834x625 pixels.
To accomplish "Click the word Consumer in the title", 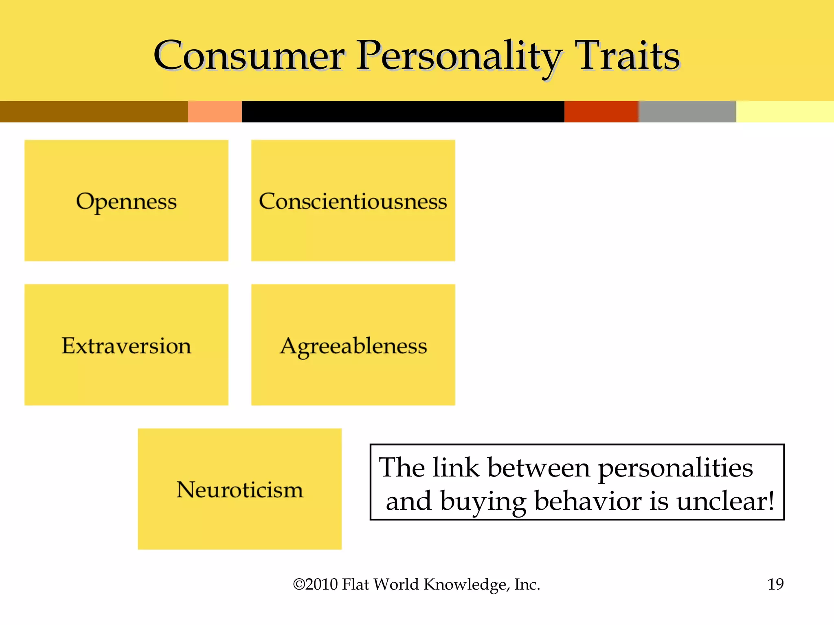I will coord(249,56).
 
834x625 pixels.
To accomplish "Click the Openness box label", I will coord(126,202).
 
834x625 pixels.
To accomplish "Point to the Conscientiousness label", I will coord(353,201).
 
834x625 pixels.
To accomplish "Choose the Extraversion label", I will coord(126,346).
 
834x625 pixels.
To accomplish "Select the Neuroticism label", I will coord(240,490).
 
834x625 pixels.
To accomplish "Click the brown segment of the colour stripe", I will coord(94,111).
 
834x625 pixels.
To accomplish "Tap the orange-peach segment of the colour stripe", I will coord(215,111).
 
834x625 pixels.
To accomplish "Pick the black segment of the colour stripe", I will coord(403,111).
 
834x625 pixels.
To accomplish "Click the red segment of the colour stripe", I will coord(601,111).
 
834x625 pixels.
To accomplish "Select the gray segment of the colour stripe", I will coord(687,111).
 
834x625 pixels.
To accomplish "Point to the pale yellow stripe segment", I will coord(785,111).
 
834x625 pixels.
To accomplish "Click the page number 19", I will coord(775,584).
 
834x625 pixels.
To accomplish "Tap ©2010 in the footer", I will coord(316,584).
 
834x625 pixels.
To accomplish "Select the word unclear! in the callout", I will coord(725,501).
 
